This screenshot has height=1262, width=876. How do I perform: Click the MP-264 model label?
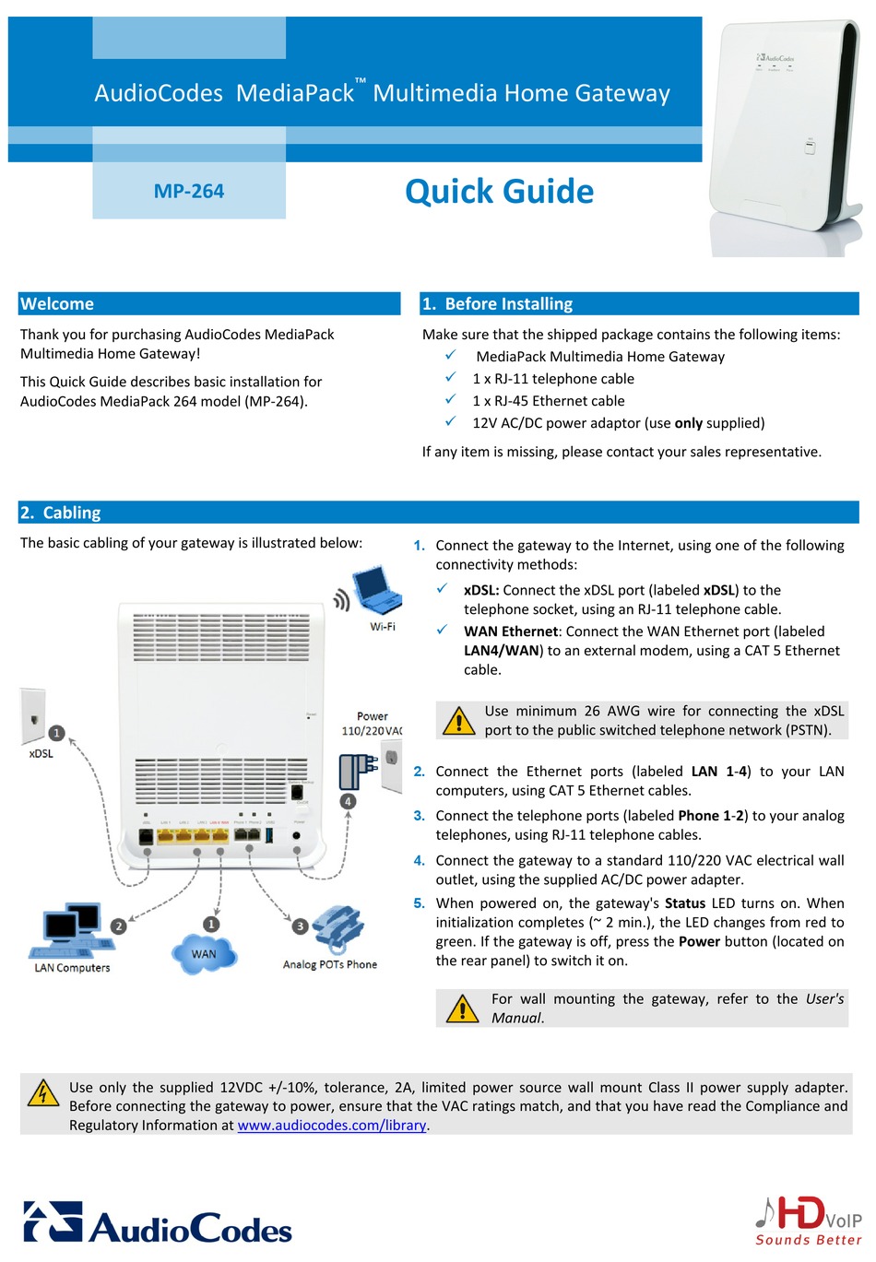point(189,192)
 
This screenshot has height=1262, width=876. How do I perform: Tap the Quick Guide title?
point(499,192)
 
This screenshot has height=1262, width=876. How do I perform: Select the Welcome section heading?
point(57,304)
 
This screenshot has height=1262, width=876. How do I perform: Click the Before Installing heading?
point(508,304)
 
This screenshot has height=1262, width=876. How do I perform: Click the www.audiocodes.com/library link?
point(332,1126)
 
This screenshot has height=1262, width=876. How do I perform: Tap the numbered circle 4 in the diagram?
point(348,801)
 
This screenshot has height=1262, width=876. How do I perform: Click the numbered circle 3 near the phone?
point(301,926)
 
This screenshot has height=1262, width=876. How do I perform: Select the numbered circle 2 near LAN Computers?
point(118,926)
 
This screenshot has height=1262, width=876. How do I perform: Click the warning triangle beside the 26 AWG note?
point(458,720)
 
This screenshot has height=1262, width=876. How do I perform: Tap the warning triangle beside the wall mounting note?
point(462,1008)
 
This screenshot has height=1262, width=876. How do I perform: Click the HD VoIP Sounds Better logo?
point(808,1221)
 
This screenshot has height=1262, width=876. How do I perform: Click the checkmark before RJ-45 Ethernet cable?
point(450,400)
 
